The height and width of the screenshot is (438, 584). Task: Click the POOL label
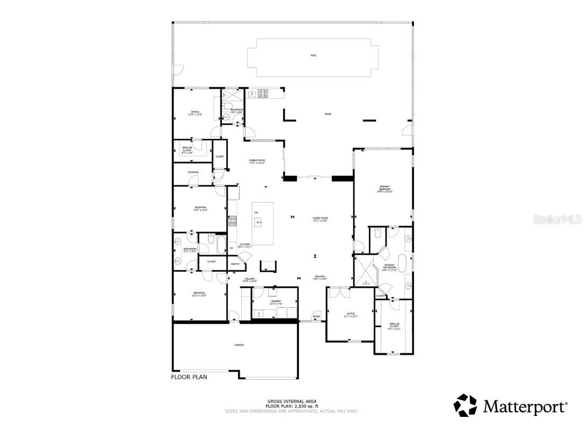pyautogui.click(x=314, y=55)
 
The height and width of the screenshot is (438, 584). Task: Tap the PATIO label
pyautogui.click(x=327, y=114)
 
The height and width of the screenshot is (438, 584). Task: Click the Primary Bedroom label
pyautogui.click(x=384, y=188)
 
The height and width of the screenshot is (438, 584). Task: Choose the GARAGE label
pyautogui.click(x=239, y=345)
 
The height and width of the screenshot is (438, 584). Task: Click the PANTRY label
pyautogui.click(x=235, y=264)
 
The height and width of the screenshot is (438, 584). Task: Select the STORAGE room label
pyautogui.click(x=193, y=172)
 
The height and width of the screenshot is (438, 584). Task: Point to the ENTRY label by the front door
pyautogui.click(x=317, y=316)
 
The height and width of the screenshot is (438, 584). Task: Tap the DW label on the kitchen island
pyautogui.click(x=256, y=212)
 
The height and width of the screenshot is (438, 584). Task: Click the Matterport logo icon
pyautogui.click(x=465, y=406)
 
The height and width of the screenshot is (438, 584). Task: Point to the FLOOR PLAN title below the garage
pyautogui.click(x=189, y=377)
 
